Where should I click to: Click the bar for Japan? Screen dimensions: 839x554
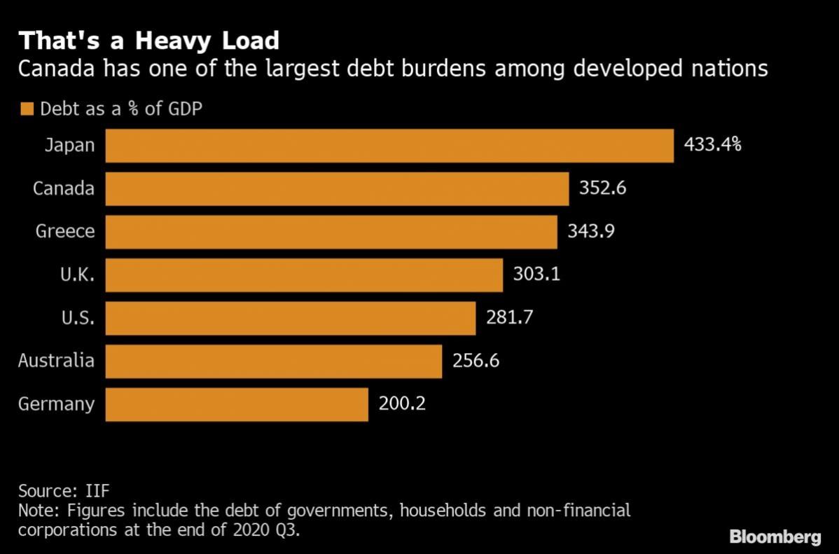(x=389, y=146)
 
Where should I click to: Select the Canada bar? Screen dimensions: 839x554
(x=337, y=188)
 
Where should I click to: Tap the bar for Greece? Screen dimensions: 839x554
(x=331, y=232)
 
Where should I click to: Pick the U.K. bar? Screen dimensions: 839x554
(x=304, y=275)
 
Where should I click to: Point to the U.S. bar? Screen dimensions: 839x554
(x=291, y=319)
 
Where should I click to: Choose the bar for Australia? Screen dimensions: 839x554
(x=273, y=361)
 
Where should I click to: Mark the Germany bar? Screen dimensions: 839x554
(x=237, y=405)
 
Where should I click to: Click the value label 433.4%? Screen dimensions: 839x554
(x=713, y=144)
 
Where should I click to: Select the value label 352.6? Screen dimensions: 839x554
(x=602, y=188)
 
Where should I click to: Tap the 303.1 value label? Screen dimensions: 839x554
(x=536, y=274)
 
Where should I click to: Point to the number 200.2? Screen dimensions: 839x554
(x=403, y=403)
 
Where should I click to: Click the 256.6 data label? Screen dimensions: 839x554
(x=476, y=361)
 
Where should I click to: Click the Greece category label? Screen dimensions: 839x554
(x=65, y=231)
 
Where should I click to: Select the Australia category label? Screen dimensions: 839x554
(x=56, y=360)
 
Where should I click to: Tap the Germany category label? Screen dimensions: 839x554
(x=56, y=404)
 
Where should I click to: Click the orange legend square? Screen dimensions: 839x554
(x=27, y=109)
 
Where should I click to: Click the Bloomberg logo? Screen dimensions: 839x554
(x=775, y=537)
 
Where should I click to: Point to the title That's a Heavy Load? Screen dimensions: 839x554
(x=148, y=41)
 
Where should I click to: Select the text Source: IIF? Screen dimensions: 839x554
(x=64, y=491)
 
